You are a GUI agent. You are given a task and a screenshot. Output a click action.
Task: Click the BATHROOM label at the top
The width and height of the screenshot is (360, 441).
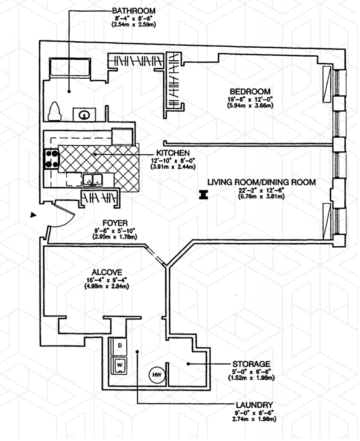[135, 10]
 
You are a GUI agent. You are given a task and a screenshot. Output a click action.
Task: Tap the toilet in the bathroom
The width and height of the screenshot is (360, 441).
[55, 111]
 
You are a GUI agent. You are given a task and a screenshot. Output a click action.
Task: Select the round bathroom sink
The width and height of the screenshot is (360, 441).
[84, 115]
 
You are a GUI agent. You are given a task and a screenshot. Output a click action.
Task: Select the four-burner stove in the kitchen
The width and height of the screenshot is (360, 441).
[51, 158]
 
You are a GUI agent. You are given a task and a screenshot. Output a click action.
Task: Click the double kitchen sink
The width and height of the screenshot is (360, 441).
[94, 180]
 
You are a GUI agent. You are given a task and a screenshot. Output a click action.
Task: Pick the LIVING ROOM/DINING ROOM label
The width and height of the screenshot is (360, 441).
[261, 182]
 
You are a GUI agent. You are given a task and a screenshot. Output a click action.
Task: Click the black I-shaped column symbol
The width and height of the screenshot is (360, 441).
[203, 195]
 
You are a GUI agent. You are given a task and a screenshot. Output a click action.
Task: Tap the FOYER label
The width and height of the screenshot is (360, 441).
[116, 222]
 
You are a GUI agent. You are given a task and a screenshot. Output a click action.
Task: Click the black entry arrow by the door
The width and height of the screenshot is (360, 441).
[32, 216]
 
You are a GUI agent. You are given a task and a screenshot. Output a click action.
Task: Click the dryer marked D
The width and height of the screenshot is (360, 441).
[120, 346]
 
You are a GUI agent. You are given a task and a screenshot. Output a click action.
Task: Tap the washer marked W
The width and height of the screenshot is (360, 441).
[120, 365]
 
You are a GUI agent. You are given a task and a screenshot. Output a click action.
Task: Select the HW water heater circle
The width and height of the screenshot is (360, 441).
[157, 375]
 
